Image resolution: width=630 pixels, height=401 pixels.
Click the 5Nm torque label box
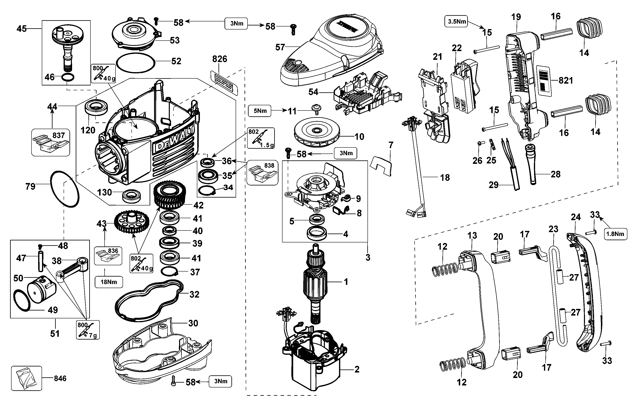[x=260, y=111]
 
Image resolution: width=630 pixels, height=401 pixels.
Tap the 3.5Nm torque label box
[x=457, y=21]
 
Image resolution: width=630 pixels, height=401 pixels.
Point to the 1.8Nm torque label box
[x=615, y=234]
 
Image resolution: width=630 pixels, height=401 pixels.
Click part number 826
[x=219, y=59]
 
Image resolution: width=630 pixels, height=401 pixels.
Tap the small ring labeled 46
[x=68, y=78]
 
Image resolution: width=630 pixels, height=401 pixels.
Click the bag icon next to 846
[x=26, y=378]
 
